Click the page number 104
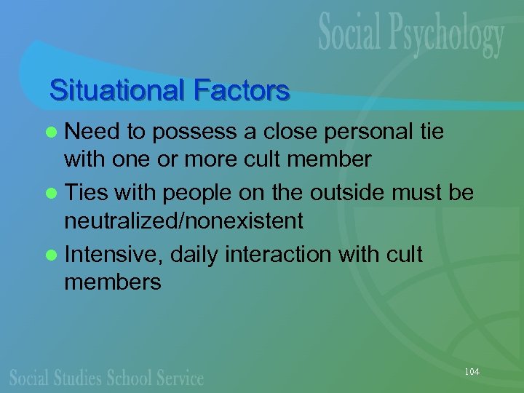[472, 372]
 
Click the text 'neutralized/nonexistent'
[183, 220]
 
